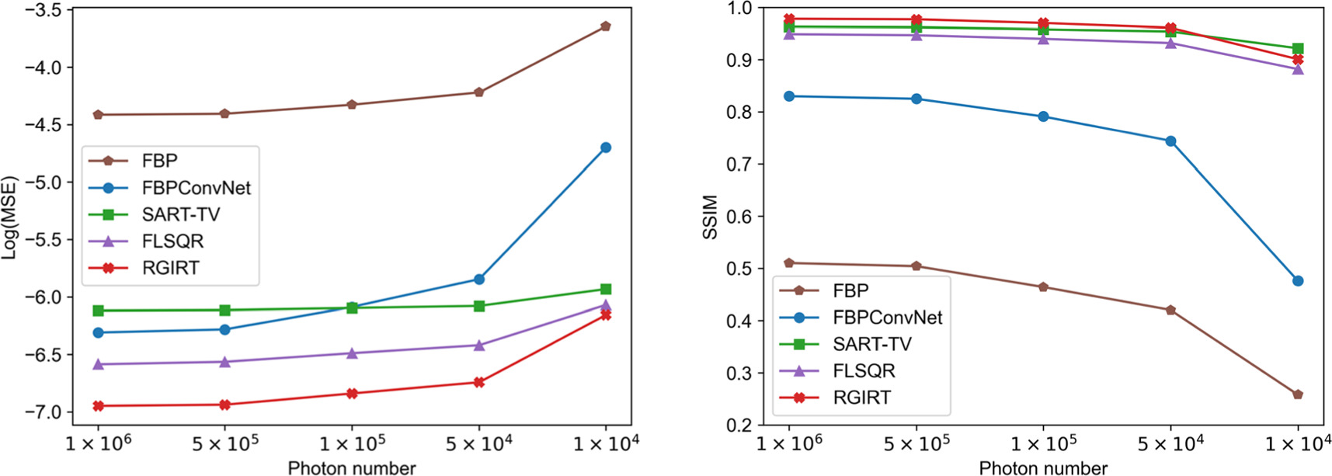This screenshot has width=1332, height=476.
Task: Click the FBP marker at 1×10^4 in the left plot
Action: (x=606, y=26)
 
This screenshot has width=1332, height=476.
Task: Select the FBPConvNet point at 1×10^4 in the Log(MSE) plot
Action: (x=606, y=148)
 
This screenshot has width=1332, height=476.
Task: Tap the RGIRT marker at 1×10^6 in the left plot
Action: (x=98, y=406)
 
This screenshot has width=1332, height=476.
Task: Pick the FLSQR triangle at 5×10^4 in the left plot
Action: (x=479, y=345)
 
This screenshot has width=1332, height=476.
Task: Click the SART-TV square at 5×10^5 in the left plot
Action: (x=225, y=310)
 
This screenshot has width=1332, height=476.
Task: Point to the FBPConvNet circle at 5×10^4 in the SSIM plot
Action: (x=1170, y=141)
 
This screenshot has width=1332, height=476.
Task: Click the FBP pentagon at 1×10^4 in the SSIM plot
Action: (x=1298, y=394)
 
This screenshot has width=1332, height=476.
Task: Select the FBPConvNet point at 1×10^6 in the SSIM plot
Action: (x=789, y=96)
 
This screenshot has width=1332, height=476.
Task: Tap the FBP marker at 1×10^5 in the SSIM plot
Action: (x=1043, y=287)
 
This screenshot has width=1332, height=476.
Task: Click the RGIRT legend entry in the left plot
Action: (x=170, y=268)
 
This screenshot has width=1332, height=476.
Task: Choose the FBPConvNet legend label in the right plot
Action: (x=887, y=318)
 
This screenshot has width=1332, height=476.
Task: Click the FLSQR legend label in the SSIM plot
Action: (x=864, y=371)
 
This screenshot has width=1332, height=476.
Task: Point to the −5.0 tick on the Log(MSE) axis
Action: (x=45, y=182)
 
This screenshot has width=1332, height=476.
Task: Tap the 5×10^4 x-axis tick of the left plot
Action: (x=479, y=443)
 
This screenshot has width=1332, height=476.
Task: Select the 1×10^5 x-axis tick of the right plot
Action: (x=1043, y=443)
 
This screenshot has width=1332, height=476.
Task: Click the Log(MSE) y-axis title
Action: (x=10, y=217)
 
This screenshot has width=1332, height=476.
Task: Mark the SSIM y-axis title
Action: (x=710, y=217)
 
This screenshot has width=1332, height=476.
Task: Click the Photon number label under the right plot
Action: (x=1043, y=467)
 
